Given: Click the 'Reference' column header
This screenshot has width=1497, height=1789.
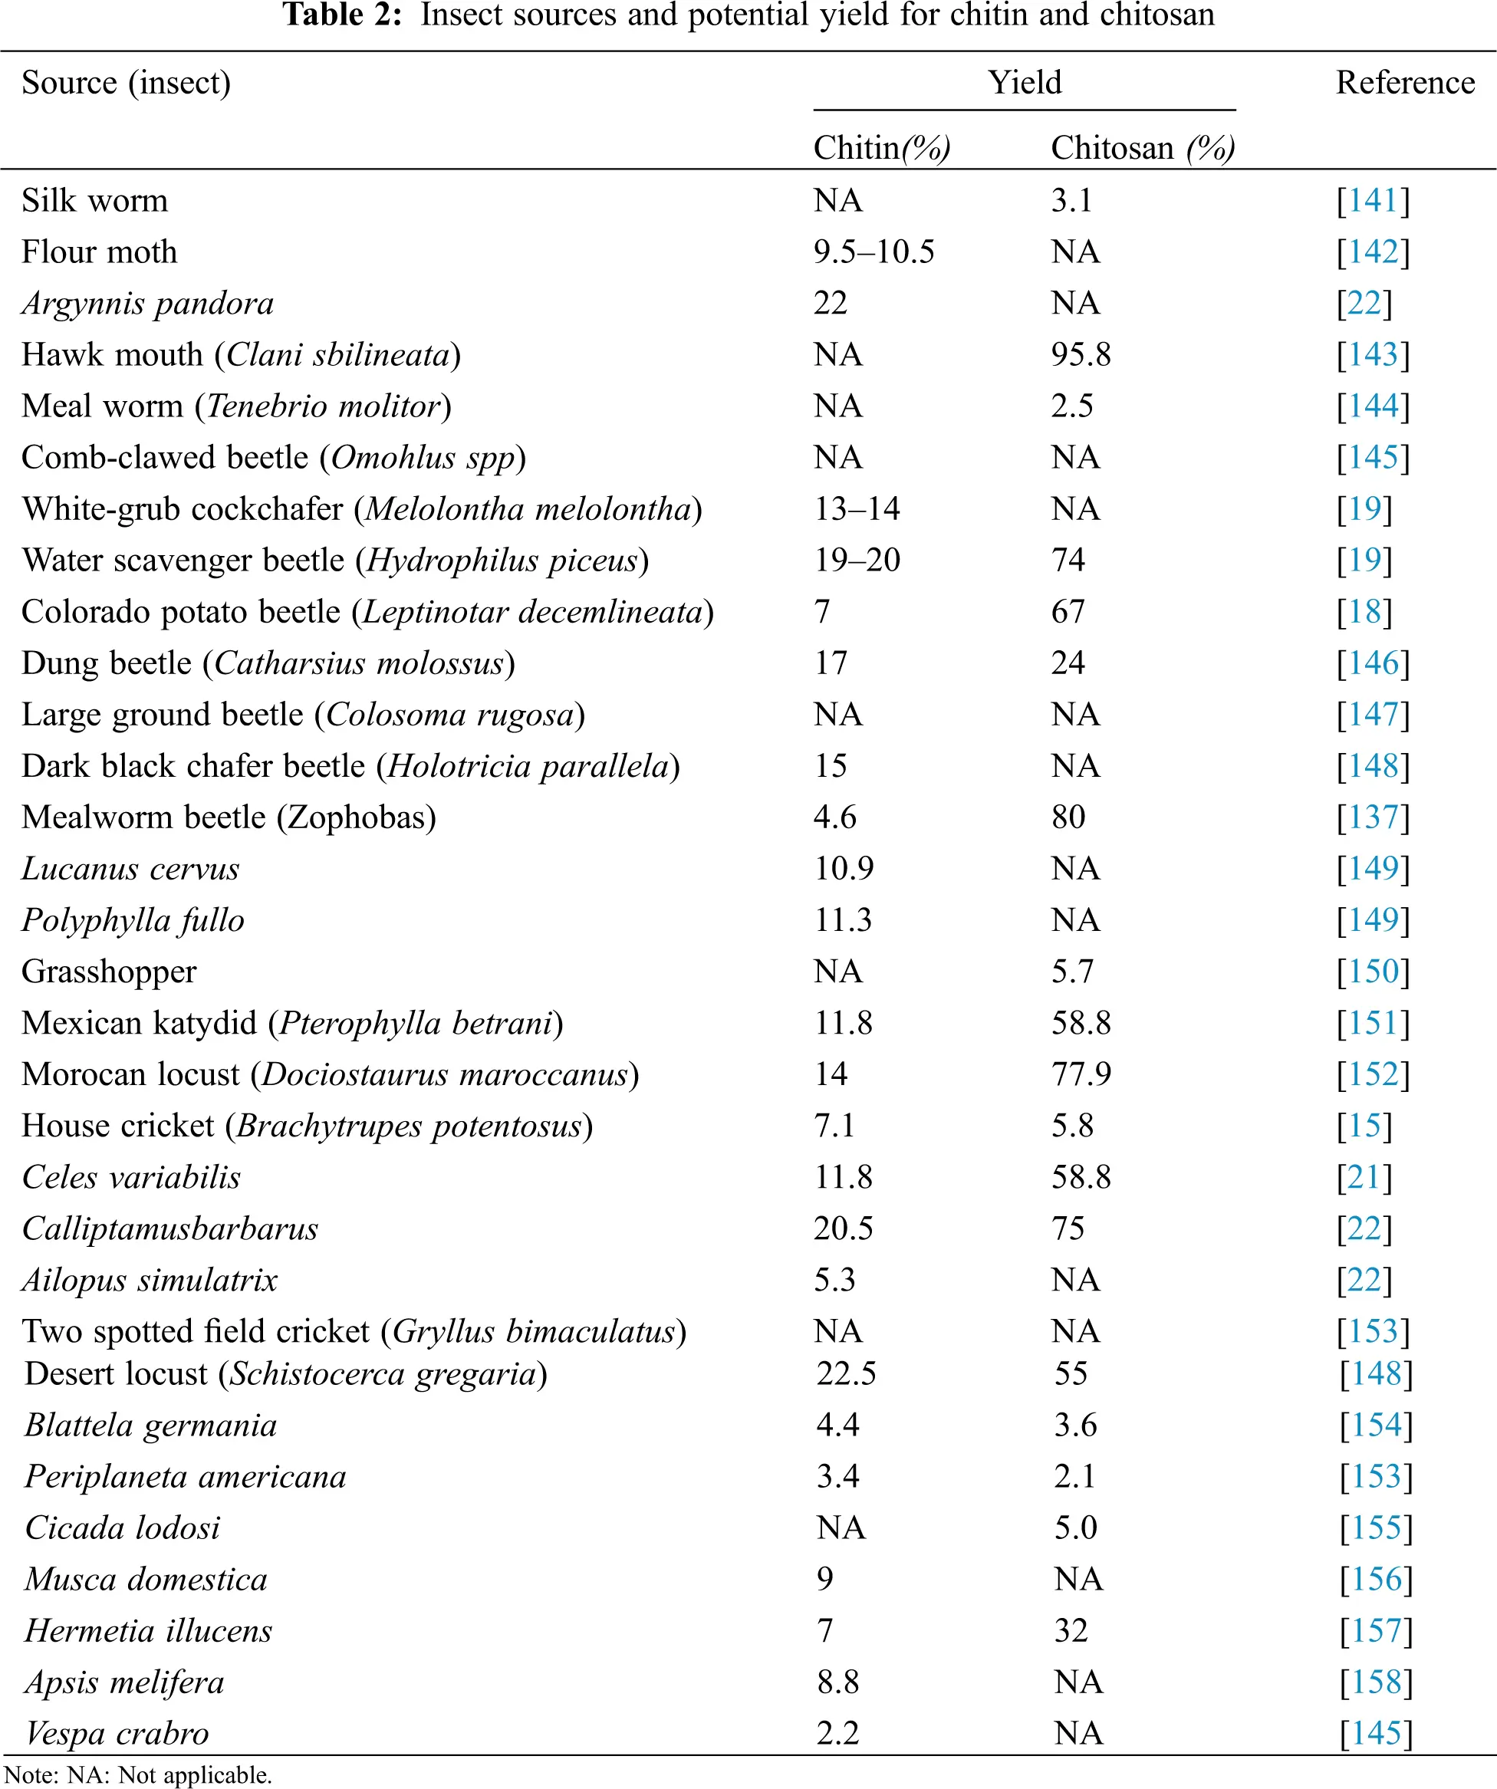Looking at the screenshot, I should point(1404,83).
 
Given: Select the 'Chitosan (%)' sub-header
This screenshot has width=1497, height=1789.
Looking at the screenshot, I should point(1142,148).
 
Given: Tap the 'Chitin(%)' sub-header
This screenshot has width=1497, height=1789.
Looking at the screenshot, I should point(881,148).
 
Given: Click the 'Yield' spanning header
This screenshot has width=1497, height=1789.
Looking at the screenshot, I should point(1024,83).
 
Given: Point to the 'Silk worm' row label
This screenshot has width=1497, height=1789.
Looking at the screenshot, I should point(94,201).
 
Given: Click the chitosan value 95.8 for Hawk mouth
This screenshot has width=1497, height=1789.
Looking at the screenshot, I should point(1081,355).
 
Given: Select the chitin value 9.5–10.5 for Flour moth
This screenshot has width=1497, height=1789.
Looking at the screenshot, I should point(874,252).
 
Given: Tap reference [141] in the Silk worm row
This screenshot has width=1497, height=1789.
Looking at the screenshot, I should point(1373,201).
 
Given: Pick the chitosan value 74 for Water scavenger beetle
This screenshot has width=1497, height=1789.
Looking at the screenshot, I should point(1068,561).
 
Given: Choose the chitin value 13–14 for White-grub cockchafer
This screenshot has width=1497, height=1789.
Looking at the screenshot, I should point(857,509).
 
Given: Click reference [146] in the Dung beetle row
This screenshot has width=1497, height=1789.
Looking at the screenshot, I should point(1373,663).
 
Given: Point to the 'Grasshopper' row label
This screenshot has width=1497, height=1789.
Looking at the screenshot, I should point(109,972).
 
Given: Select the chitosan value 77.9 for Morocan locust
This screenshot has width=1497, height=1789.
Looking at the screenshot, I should point(1081,1074).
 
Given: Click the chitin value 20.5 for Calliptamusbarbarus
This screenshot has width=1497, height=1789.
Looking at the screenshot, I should point(843,1228).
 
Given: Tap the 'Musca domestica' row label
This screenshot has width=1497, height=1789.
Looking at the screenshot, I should point(146,1580).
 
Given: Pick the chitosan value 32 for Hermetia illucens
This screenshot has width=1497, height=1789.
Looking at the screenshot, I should point(1071,1630).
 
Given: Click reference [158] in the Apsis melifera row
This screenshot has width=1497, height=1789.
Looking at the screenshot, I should point(1375,1682).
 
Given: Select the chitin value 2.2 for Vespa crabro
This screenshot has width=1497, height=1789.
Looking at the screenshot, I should point(837,1733).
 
